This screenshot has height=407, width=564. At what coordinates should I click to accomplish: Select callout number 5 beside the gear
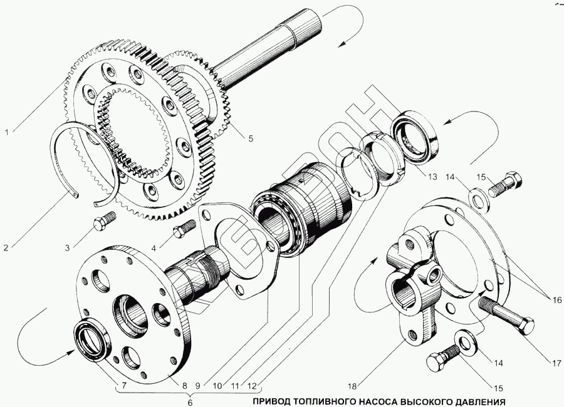tap(251, 139)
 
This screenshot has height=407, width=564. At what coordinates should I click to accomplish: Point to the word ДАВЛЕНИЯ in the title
tap(475, 401)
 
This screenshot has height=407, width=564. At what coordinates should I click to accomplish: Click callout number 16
tap(555, 300)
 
